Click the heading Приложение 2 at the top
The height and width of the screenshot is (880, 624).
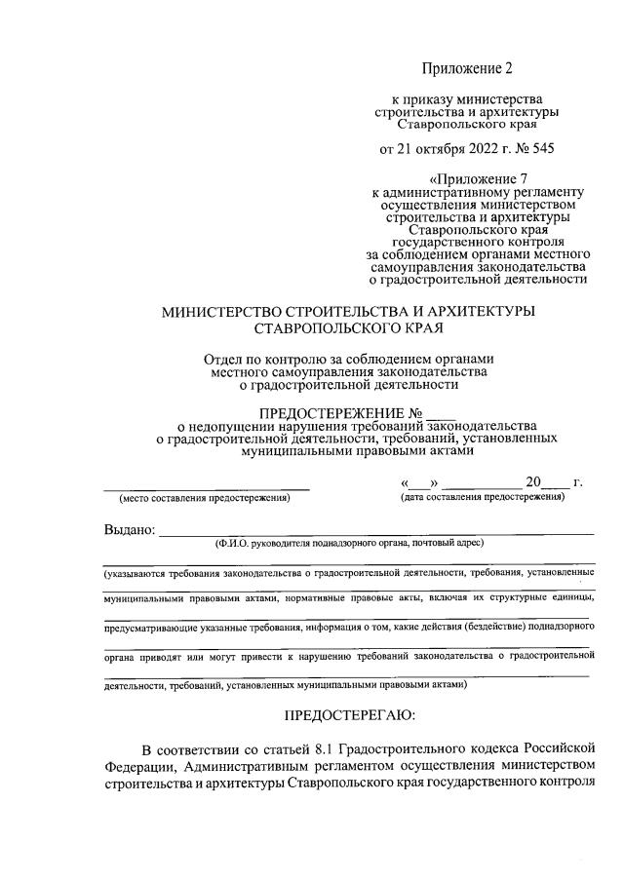click(x=465, y=68)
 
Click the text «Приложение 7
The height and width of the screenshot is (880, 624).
click(x=474, y=178)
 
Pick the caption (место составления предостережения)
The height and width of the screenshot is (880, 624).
click(x=206, y=498)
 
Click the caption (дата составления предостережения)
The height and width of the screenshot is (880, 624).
click(x=483, y=497)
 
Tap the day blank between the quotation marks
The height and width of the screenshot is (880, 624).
click(x=420, y=482)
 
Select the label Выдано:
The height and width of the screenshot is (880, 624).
click(x=129, y=530)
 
